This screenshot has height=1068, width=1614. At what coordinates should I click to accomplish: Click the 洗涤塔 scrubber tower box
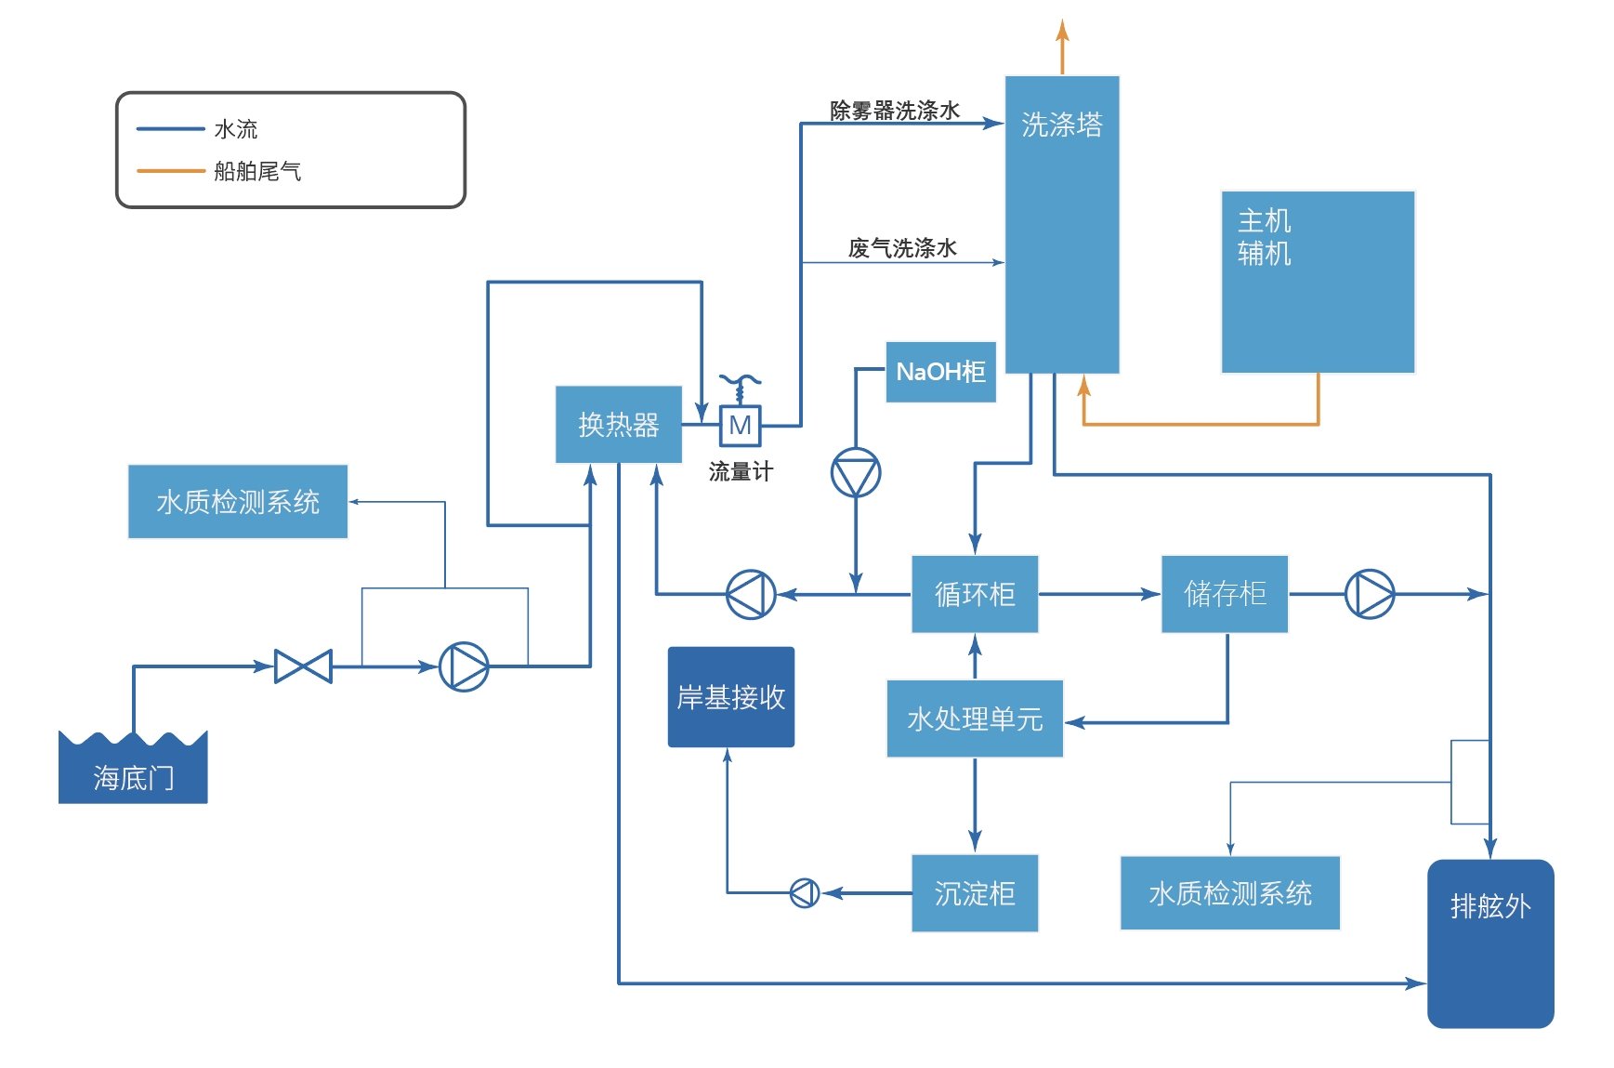(1061, 223)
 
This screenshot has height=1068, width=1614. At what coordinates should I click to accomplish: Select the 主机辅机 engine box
(1317, 282)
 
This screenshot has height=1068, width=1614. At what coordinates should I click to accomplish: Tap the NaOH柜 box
(940, 372)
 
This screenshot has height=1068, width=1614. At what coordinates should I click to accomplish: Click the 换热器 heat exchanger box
(618, 424)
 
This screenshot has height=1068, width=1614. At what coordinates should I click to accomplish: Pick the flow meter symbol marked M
(741, 425)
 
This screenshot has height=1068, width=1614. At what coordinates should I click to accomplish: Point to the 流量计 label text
(741, 471)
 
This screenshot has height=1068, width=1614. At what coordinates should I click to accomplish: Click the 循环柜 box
(974, 594)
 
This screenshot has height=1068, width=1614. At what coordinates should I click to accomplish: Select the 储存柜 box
(1224, 594)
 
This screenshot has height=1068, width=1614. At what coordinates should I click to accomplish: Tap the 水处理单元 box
(974, 719)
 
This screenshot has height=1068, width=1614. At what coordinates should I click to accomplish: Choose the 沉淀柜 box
(974, 893)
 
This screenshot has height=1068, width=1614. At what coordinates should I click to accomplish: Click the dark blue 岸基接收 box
(730, 697)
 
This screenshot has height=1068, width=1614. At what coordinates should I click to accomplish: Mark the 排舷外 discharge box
(1489, 943)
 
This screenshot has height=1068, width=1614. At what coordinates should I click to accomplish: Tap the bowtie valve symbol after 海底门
(303, 666)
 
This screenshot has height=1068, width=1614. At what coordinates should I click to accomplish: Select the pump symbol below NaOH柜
(855, 472)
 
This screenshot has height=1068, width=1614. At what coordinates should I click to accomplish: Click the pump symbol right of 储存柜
(1370, 593)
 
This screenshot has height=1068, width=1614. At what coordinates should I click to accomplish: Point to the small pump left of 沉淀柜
(804, 893)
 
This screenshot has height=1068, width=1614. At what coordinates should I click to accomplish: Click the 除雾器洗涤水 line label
(894, 111)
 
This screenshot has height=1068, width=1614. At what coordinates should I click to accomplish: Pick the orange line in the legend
(170, 171)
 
